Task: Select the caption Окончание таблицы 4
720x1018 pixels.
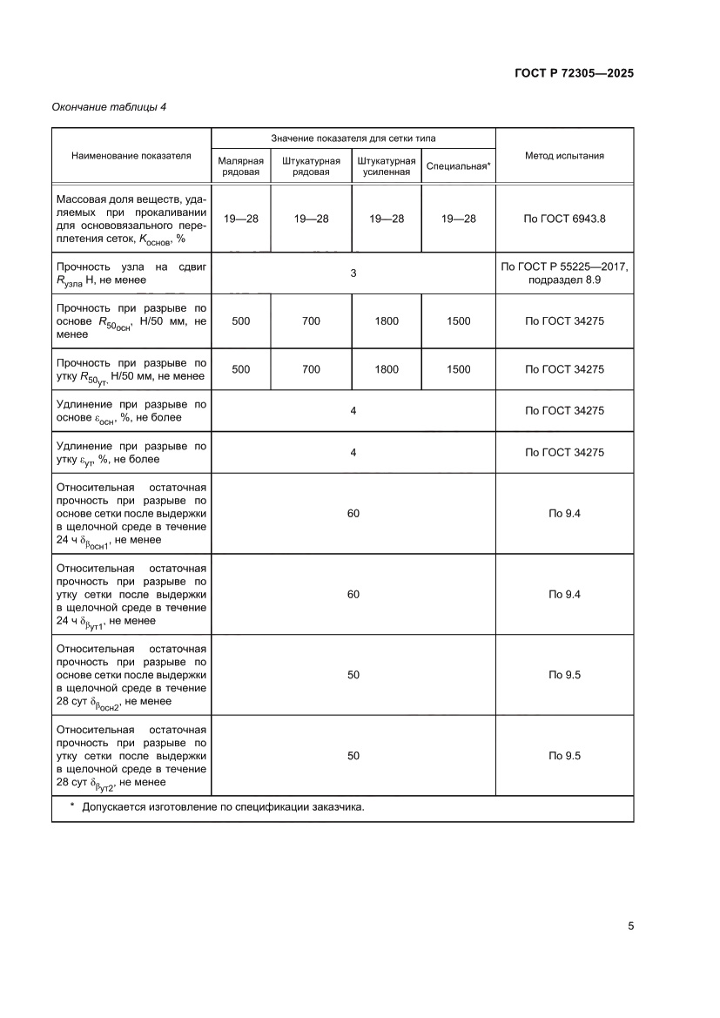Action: click(109, 107)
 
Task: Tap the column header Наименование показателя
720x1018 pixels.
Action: click(131, 156)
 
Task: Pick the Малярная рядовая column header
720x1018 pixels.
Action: click(240, 166)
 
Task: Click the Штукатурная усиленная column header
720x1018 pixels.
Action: click(386, 166)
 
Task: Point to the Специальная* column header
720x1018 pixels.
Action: click(459, 166)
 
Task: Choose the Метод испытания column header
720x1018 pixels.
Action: click(564, 156)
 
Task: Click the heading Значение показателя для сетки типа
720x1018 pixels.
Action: click(353, 138)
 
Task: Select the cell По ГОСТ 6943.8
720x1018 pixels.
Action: click(564, 219)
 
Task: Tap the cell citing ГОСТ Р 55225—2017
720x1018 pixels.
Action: click(564, 273)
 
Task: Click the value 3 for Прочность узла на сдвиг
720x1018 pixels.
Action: click(353, 273)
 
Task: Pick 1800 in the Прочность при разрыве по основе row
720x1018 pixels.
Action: click(386, 321)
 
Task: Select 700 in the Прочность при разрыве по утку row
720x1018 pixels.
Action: click(311, 369)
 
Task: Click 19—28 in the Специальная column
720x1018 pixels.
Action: click(459, 219)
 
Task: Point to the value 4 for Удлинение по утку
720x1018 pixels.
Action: click(353, 453)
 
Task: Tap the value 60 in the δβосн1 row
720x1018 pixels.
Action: click(353, 514)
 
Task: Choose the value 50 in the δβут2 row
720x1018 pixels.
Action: click(353, 756)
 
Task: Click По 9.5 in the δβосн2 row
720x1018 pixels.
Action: click(564, 675)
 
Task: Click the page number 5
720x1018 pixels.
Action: click(630, 926)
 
